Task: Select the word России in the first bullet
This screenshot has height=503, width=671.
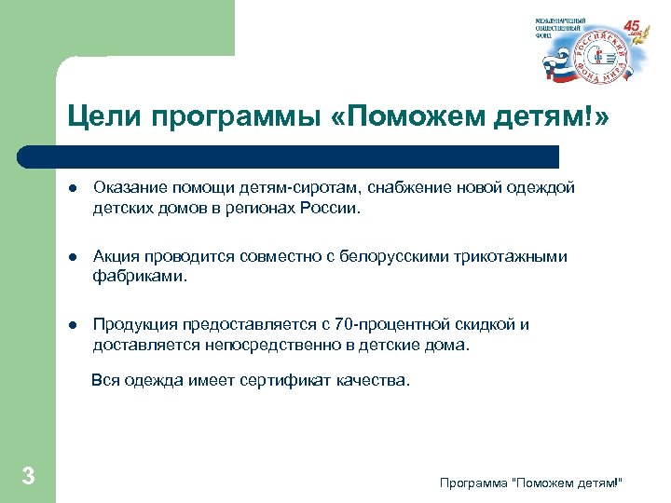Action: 327,209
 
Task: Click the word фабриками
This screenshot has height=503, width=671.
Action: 139,277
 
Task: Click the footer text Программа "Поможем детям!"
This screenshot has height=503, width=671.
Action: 530,481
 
